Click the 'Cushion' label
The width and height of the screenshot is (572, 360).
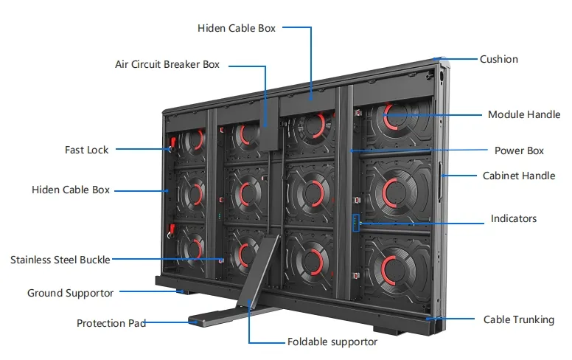click(498, 59)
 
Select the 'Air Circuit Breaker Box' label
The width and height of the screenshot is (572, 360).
click(167, 65)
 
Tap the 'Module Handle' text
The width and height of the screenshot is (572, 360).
click(524, 114)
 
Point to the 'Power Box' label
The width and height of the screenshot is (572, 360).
click(519, 150)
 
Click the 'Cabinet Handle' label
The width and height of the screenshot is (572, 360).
click(519, 176)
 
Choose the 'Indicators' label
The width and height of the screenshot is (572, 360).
click(514, 218)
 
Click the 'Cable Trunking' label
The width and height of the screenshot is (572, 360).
click(519, 319)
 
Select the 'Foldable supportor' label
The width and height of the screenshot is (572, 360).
click(332, 342)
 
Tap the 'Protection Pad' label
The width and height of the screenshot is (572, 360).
click(111, 323)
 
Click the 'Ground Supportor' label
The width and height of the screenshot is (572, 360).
click(71, 293)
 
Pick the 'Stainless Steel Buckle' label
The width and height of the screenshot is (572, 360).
click(60, 260)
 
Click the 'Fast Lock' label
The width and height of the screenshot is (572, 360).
click(86, 150)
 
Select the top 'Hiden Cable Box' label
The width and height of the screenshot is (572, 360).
click(237, 28)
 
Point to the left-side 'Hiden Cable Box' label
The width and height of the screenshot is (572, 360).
click(71, 190)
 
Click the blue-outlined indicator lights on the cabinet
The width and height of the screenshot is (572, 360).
click(356, 223)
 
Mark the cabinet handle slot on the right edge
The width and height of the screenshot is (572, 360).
click(441, 176)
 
